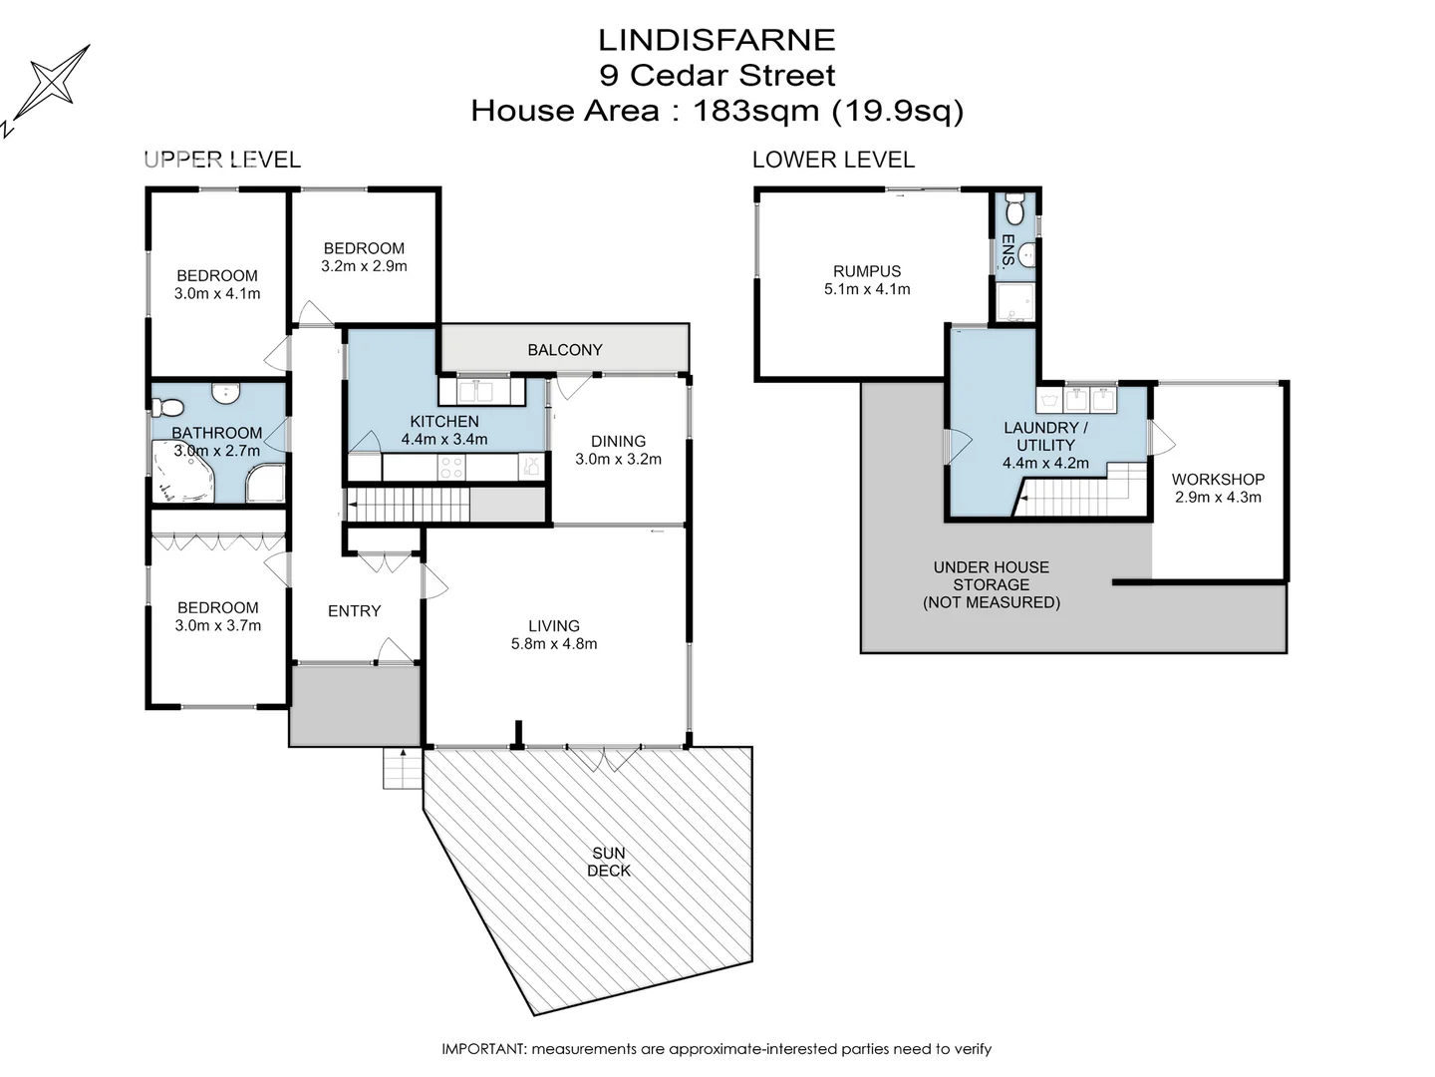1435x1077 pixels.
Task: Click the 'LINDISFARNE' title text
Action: (717, 40)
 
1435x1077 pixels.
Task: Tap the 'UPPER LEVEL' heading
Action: (222, 160)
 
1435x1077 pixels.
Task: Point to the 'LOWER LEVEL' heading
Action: (833, 160)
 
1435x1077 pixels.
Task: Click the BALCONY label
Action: (565, 350)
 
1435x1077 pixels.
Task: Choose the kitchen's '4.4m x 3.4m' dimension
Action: (444, 440)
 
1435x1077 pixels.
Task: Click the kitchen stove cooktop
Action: (451, 467)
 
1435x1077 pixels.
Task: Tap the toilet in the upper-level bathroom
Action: (167, 407)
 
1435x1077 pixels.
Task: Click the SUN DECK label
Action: (608, 862)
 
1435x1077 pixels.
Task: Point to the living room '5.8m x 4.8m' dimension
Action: (554, 644)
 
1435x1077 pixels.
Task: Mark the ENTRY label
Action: (354, 611)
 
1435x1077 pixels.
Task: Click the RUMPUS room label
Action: (867, 271)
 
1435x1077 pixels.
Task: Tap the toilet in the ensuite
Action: (1014, 210)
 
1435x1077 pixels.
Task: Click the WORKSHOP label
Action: (1218, 480)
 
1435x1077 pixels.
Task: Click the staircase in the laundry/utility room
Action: (1081, 495)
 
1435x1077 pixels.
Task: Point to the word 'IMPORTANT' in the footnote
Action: (483, 1049)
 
